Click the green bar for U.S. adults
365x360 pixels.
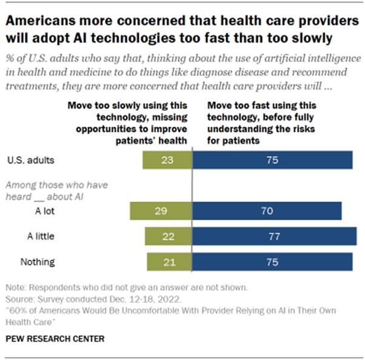[x=167, y=160]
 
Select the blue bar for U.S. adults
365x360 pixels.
[x=272, y=160]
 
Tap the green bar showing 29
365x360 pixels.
[x=161, y=211]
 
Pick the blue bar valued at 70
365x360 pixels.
[x=267, y=211]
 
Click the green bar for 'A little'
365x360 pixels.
[x=168, y=236]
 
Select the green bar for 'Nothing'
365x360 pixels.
[x=169, y=262]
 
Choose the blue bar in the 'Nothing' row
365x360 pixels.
[x=272, y=262]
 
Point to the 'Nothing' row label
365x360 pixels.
[x=38, y=262]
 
